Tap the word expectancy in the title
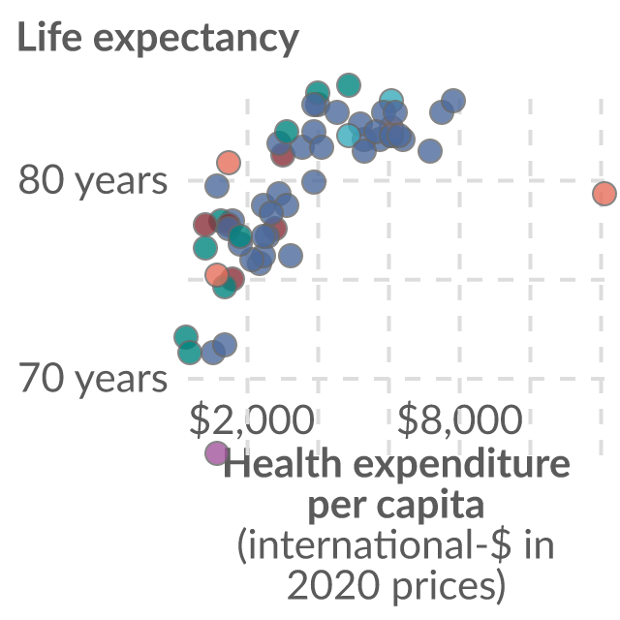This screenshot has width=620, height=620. [x=196, y=41]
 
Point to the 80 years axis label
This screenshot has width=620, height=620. [x=93, y=181]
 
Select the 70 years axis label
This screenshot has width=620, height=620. [x=93, y=379]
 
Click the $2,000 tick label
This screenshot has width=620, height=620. [x=252, y=419]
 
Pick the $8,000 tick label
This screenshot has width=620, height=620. [x=459, y=419]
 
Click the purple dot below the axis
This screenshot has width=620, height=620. [x=217, y=453]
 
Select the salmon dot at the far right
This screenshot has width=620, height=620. [x=604, y=194]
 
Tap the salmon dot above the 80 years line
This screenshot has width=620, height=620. [x=229, y=163]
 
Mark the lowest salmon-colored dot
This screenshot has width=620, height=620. [x=217, y=275]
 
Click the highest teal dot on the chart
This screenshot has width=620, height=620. [x=349, y=85]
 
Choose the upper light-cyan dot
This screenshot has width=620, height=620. [x=391, y=101]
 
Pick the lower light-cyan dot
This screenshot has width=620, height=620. [x=349, y=135]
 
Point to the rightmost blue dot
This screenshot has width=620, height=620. [x=453, y=101]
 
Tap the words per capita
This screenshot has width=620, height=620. [x=396, y=507]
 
